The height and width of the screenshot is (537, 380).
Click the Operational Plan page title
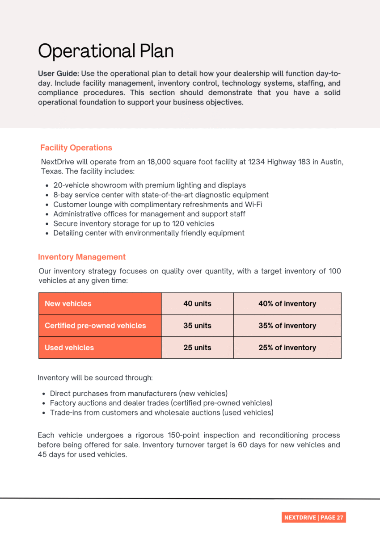[106, 51]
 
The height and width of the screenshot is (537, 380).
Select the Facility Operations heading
[76, 148]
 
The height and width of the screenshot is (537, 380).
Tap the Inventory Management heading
[82, 257]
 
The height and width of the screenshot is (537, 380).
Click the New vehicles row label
[68, 304]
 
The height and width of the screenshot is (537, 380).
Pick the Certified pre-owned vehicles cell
[95, 326]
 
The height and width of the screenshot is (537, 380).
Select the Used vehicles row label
[69, 348]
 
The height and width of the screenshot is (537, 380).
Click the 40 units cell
[197, 304]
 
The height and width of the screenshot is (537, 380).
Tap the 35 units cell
[197, 326]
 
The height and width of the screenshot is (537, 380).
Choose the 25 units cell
[197, 348]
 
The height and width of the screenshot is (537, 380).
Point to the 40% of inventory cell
[287, 304]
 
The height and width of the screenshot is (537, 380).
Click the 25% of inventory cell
[287, 348]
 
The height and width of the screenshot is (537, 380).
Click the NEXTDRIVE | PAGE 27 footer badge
[314, 517]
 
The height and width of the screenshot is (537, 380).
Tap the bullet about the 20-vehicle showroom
[149, 185]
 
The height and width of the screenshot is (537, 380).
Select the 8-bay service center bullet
[160, 195]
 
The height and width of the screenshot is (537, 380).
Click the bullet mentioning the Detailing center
[148, 233]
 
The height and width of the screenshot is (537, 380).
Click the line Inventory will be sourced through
[95, 378]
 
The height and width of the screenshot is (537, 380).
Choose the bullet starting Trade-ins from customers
[161, 413]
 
